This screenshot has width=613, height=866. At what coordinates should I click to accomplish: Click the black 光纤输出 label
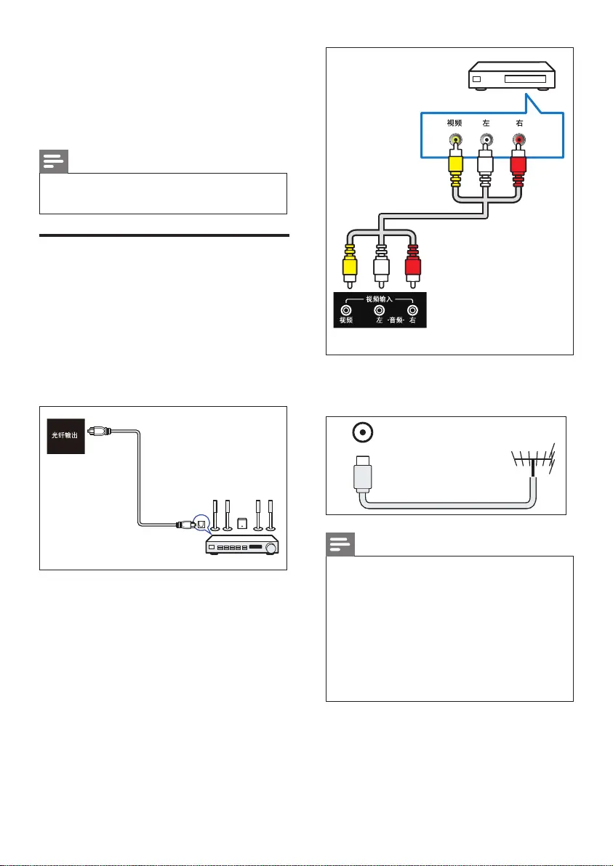[66, 436]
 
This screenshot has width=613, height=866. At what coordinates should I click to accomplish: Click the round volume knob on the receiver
[272, 547]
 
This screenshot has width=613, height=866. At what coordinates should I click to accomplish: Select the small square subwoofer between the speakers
[241, 523]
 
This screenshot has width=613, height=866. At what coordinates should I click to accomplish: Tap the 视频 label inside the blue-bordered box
[455, 124]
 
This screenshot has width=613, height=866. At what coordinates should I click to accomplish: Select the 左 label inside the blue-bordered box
[486, 124]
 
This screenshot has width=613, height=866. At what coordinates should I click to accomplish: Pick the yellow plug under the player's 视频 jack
[455, 167]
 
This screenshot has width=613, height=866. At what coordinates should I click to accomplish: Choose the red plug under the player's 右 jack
[518, 167]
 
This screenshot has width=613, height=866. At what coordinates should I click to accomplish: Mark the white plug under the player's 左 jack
[486, 167]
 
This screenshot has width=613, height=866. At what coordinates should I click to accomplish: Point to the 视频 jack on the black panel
[346, 309]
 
